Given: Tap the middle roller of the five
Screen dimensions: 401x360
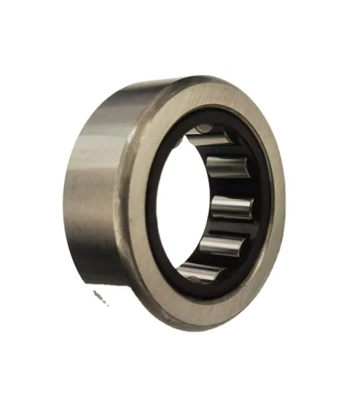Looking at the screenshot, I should pyautogui.click(x=232, y=208).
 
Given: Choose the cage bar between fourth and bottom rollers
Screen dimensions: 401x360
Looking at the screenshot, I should pyautogui.click(x=217, y=260).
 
